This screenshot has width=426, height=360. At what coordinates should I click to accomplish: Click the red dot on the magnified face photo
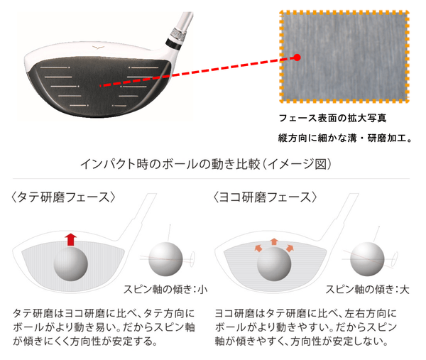(x=297, y=58)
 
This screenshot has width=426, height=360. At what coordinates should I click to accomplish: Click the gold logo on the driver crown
(x=98, y=48)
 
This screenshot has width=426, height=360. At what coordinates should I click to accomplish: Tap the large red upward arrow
(x=70, y=239)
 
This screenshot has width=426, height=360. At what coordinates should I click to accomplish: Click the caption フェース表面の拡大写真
(x=332, y=118)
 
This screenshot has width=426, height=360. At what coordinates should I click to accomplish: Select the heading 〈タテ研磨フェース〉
(x=63, y=197)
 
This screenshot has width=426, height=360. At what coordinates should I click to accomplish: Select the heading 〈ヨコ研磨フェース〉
(x=265, y=197)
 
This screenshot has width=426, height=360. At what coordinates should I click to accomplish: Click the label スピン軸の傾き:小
(x=165, y=290)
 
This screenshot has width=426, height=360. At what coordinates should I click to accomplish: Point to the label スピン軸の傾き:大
(x=367, y=290)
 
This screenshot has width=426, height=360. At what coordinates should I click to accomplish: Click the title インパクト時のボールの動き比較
(x=170, y=164)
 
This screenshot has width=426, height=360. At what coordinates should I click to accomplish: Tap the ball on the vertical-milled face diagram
(x=70, y=264)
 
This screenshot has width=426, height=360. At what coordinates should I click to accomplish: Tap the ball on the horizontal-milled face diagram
(x=274, y=264)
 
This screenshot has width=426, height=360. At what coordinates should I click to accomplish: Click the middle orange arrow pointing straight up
(x=274, y=241)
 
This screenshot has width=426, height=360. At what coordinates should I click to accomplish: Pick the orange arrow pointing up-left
(x=258, y=248)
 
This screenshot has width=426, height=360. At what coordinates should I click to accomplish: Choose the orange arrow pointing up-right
(x=290, y=248)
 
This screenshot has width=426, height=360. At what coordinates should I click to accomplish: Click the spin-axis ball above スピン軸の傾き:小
(x=165, y=259)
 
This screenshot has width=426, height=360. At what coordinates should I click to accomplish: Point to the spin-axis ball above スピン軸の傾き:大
(x=367, y=259)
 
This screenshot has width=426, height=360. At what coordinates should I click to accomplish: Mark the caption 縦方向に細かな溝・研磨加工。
(x=345, y=138)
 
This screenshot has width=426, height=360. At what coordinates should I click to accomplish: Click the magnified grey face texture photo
(x=344, y=57)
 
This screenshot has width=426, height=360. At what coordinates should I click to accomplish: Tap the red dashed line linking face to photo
(x=198, y=72)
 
